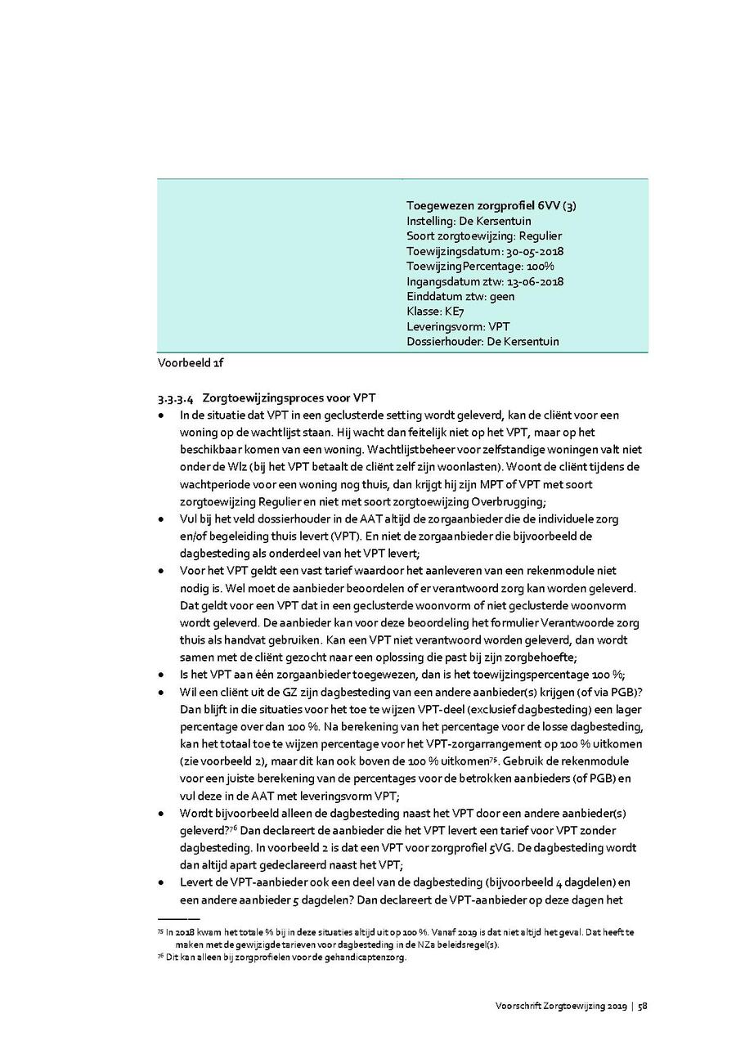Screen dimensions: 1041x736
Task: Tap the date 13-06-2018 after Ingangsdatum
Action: click(534, 281)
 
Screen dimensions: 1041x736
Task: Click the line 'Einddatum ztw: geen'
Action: click(460, 296)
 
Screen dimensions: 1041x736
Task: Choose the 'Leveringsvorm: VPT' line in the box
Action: click(458, 326)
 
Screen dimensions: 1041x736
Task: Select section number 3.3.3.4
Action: click(175, 400)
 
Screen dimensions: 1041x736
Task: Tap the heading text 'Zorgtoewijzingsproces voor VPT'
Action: click(288, 400)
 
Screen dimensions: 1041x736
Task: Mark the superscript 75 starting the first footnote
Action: click(159, 931)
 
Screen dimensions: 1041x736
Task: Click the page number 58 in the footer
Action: click(643, 1007)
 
